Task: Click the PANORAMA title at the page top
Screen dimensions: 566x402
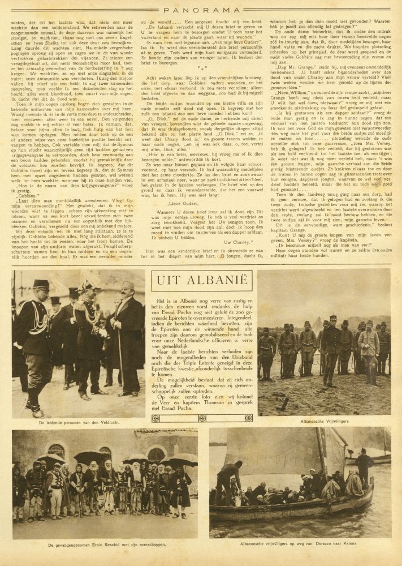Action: tap(201, 9)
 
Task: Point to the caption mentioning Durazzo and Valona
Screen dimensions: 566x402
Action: tap(300, 544)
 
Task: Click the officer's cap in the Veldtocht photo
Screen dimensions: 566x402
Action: tap(41, 284)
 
